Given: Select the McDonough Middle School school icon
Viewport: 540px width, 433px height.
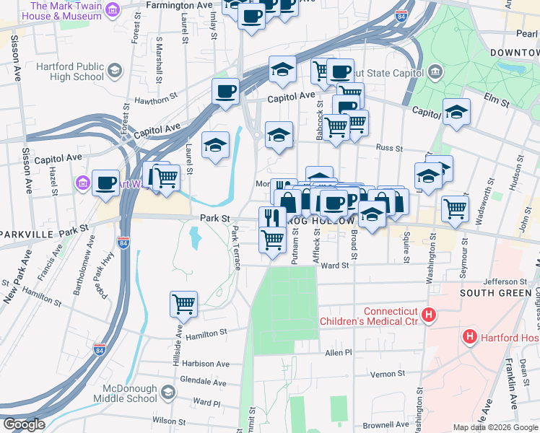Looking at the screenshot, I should pos(167,393).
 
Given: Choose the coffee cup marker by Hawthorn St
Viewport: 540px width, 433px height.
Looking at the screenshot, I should pos(225,92).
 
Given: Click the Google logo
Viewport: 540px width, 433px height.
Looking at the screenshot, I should pos(23,424).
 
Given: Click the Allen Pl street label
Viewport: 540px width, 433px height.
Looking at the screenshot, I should pos(338,353).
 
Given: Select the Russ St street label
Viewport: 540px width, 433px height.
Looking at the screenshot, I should pos(389,148).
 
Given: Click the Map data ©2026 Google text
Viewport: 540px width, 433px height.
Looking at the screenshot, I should pos(495,427).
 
